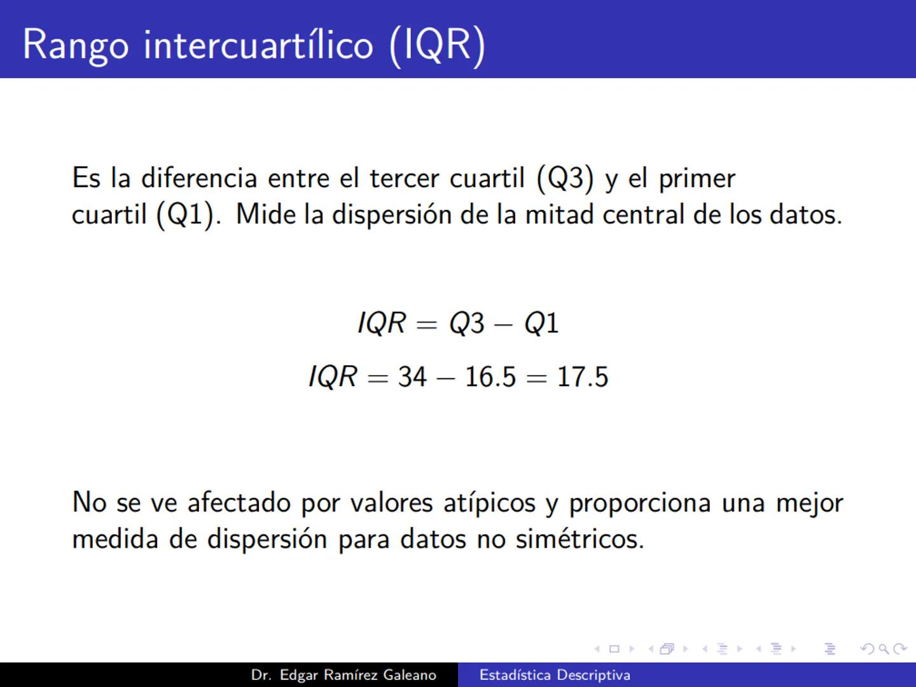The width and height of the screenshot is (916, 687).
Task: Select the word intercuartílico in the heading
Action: (x=258, y=46)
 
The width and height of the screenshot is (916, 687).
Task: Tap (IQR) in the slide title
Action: (x=437, y=46)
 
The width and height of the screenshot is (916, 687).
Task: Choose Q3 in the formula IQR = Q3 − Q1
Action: (x=467, y=323)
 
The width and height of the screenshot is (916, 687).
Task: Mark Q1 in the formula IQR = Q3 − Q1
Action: (x=541, y=323)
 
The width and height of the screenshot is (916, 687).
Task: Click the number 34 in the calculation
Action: (x=412, y=377)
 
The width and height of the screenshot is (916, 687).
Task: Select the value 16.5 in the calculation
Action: (x=490, y=377)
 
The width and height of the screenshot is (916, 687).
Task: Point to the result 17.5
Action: (x=583, y=377)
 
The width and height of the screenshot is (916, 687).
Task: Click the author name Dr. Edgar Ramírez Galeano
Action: (x=343, y=675)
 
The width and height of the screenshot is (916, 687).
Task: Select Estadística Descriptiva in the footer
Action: (x=555, y=675)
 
